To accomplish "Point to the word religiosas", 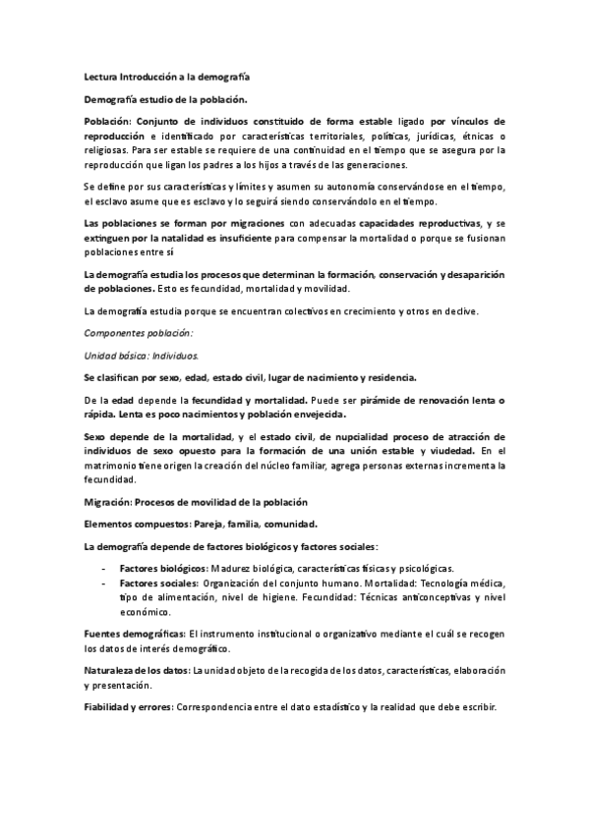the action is coord(107,151).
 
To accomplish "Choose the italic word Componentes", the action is coord(116,334).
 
